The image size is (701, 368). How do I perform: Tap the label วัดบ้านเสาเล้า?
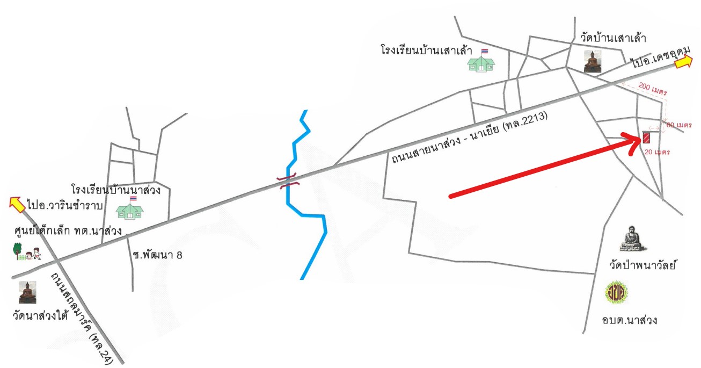pos(613,38)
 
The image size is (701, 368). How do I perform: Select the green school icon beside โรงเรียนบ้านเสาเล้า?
pos(481,61)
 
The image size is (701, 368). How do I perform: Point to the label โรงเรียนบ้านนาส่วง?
pos(116,190)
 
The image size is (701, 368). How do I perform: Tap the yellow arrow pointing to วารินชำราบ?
pos(17,205)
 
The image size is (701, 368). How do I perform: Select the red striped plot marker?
pos(646,137)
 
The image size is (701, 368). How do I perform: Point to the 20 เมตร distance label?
pos(657,152)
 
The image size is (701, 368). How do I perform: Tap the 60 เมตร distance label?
pos(679,125)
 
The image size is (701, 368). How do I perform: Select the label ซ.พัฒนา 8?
pos(157,255)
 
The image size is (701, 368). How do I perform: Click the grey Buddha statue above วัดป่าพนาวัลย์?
pos(633,239)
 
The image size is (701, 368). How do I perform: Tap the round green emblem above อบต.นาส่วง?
pos(616,293)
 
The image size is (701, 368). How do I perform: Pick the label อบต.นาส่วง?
pos(629,320)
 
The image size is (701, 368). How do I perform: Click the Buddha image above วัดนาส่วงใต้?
pos(27,292)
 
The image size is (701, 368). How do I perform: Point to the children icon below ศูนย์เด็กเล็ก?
pos(27,251)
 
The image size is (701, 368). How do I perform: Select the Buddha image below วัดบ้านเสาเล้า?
pos(593,62)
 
